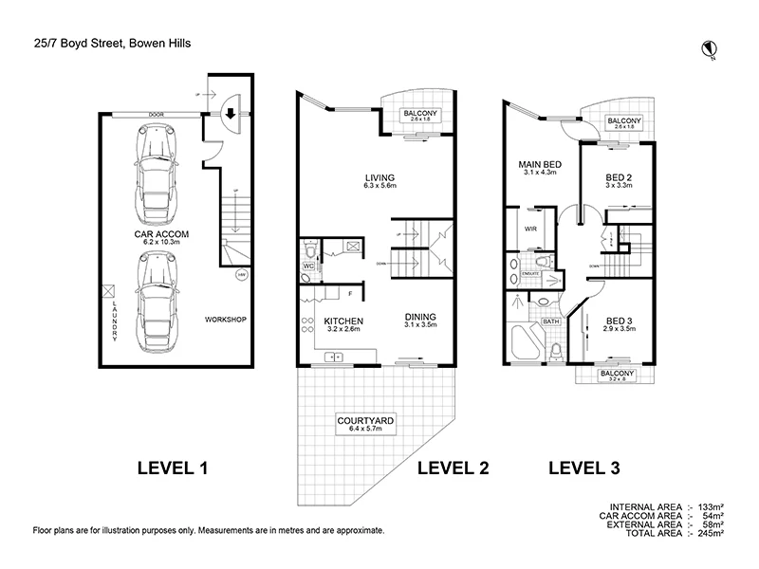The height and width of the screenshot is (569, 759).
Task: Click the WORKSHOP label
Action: tap(226, 320)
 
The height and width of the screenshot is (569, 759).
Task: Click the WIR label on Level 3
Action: tap(530, 229)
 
